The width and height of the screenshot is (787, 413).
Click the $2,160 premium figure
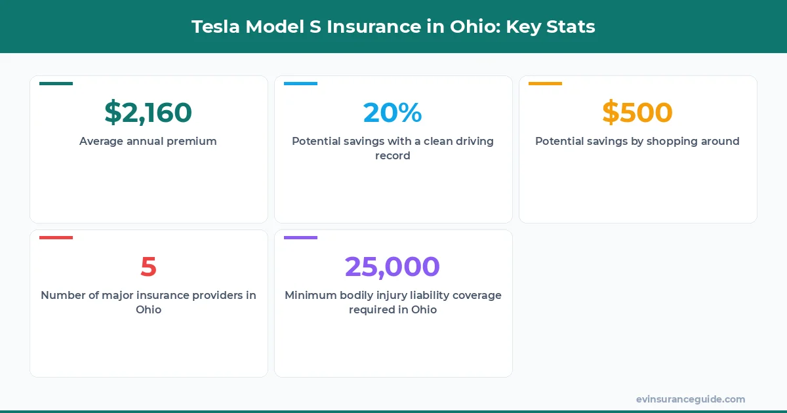[148, 113]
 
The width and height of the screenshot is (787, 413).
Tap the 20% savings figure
[392, 113]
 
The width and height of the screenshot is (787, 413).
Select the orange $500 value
[637, 113]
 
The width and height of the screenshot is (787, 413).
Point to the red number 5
[148, 267]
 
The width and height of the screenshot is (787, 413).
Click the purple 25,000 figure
[392, 267]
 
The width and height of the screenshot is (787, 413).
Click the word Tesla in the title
[214, 27]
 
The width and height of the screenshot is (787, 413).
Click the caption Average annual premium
[148, 141]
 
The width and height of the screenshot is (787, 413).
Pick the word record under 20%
[392, 156]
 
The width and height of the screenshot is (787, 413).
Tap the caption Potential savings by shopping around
[637, 141]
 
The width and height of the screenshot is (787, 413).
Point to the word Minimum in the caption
[310, 295]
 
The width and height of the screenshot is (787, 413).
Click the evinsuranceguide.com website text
[691, 399]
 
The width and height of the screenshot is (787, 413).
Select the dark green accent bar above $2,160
[56, 83]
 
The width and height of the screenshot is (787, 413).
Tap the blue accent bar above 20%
[300, 83]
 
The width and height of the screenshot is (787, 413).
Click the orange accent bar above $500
[545, 83]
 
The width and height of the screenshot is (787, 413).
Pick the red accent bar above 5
[56, 237]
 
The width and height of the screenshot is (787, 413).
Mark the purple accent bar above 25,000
[300, 237]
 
